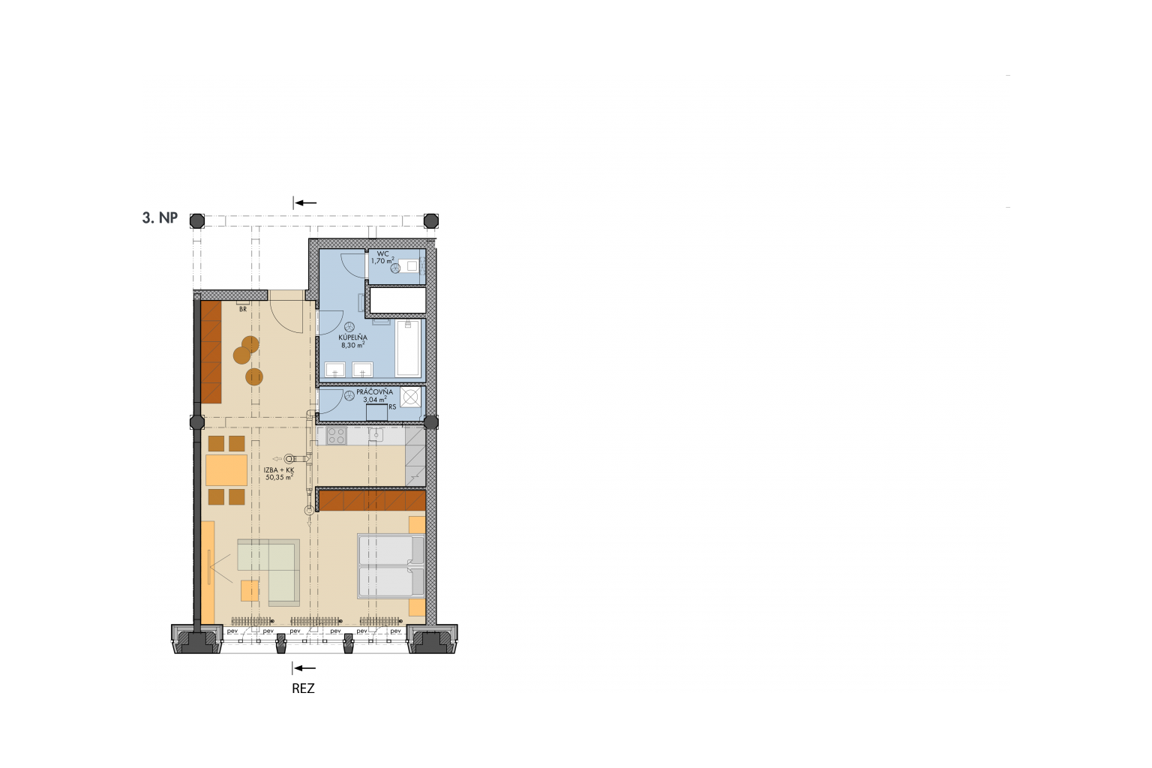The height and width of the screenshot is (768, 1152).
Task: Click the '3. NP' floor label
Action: pyautogui.click(x=160, y=218)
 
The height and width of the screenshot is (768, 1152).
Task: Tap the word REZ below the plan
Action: pyautogui.click(x=304, y=688)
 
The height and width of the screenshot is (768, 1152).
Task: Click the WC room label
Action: pyautogui.click(x=383, y=253)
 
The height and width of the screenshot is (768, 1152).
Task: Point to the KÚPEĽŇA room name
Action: pyautogui.click(x=352, y=337)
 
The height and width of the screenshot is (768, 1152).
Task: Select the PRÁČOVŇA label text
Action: pyautogui.click(x=374, y=392)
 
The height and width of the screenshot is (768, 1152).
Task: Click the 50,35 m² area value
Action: pyautogui.click(x=279, y=477)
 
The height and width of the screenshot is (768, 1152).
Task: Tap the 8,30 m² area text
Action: pyautogui.click(x=352, y=345)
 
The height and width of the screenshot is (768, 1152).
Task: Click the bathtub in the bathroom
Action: pyautogui.click(x=408, y=348)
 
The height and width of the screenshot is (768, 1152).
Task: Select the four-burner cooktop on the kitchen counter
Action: pyautogui.click(x=336, y=436)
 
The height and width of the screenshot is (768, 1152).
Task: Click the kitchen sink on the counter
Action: pyautogui.click(x=376, y=435)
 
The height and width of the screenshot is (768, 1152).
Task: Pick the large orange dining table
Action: pyautogui.click(x=226, y=470)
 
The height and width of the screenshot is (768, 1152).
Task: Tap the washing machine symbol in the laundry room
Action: pyautogui.click(x=410, y=397)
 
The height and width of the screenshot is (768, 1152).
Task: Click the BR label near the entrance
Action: pyautogui.click(x=243, y=310)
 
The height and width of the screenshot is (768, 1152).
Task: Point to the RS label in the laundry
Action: pyautogui.click(x=393, y=407)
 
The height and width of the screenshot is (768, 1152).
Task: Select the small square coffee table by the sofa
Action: pyautogui.click(x=250, y=590)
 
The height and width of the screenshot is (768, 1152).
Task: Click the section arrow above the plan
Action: pyautogui.click(x=304, y=202)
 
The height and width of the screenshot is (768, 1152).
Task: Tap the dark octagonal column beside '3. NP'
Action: pyautogui.click(x=197, y=221)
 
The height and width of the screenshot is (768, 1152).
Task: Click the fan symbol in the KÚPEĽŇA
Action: pyautogui.click(x=349, y=327)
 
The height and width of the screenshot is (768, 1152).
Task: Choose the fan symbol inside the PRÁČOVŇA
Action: pyautogui.click(x=349, y=395)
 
